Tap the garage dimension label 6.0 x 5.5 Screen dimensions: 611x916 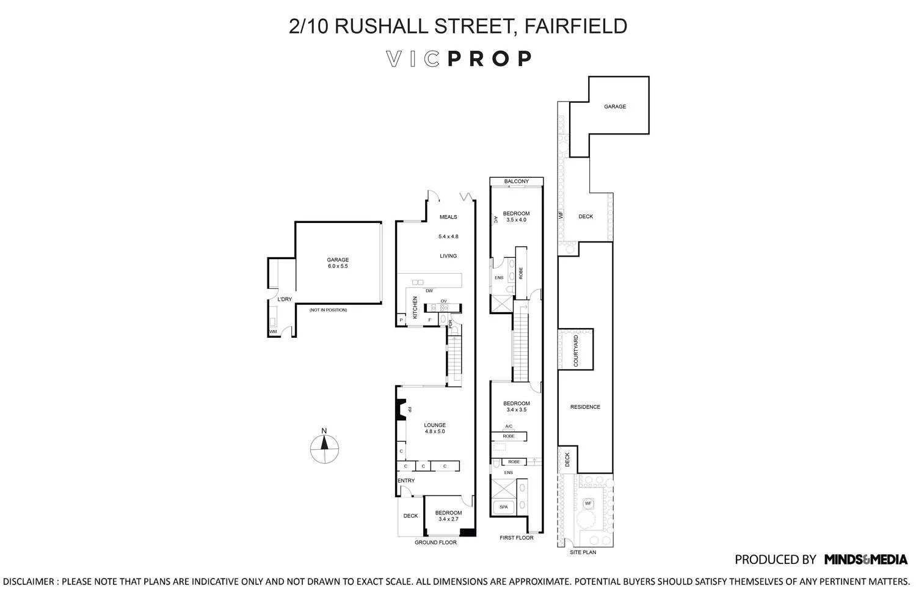338,266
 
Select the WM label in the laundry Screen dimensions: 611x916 272,332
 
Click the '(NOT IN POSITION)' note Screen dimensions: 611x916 328,310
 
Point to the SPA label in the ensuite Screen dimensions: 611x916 504,507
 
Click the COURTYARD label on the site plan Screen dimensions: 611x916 575,351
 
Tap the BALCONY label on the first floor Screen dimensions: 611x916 517,181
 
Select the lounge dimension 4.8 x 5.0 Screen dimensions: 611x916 435,431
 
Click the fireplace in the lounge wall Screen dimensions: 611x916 401,409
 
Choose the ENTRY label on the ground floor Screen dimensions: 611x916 406,480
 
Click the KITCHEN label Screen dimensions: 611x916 415,307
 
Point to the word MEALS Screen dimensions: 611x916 448,217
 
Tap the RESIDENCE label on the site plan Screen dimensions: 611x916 585,407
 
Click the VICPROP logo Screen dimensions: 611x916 459,59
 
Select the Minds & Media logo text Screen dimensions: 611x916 865,559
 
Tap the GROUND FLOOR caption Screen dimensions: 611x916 435,543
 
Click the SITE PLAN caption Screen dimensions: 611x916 583,552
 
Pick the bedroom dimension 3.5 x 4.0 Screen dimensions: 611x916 516,220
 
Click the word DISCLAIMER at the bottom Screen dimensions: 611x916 29,582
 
